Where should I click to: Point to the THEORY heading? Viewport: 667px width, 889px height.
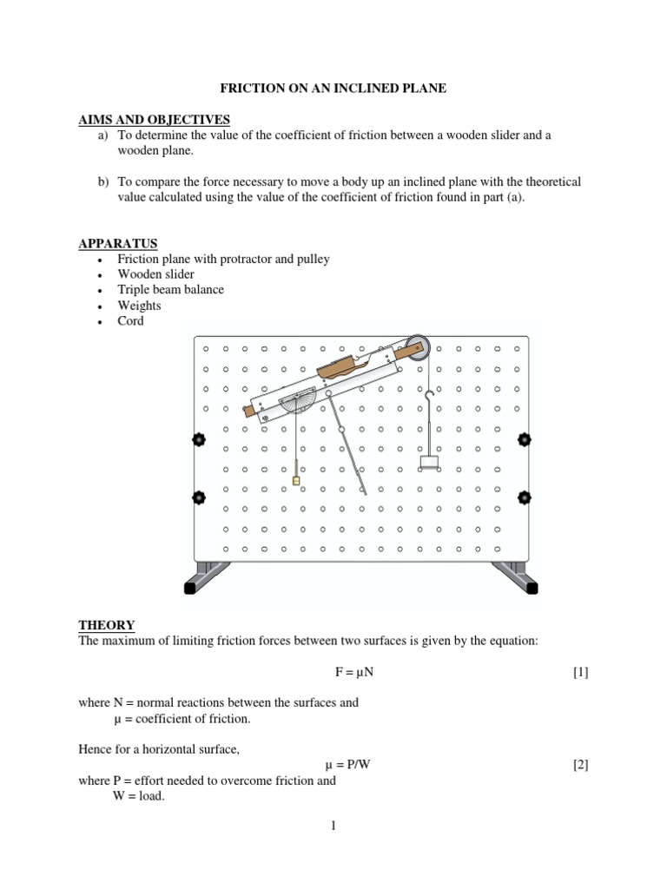[107, 625]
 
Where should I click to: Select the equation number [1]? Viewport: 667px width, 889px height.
[580, 672]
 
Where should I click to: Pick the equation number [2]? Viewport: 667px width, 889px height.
[580, 765]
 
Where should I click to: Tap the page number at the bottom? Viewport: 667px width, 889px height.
[333, 826]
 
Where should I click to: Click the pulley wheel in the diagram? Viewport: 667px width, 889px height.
[419, 346]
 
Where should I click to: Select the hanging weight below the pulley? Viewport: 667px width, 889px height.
[428, 463]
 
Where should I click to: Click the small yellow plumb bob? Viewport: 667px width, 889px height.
[296, 479]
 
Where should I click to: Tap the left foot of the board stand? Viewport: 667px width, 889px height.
[204, 576]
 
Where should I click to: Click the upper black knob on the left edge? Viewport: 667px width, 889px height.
[199, 440]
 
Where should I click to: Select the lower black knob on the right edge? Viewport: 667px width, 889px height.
[525, 497]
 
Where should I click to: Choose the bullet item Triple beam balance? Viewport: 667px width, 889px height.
[170, 290]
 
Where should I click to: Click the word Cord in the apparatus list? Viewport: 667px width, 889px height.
[130, 321]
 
